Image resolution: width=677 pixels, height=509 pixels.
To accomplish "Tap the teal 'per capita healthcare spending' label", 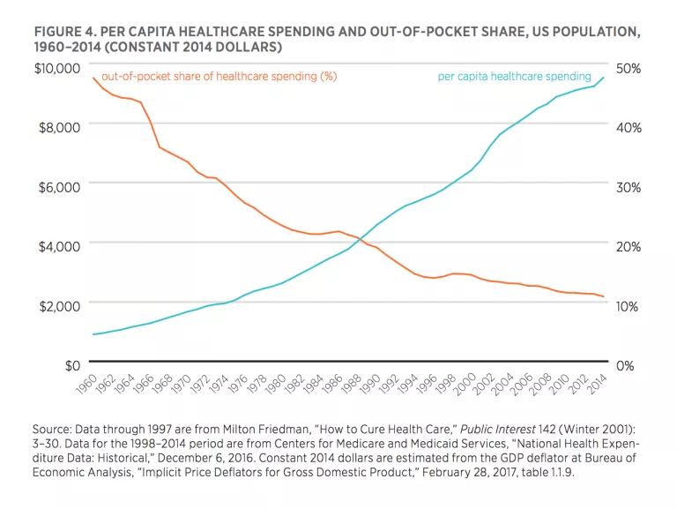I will click(515, 77).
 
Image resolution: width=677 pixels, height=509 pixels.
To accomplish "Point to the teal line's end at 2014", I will click(604, 78).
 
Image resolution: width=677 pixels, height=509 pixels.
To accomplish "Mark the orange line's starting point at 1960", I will click(93, 79).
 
